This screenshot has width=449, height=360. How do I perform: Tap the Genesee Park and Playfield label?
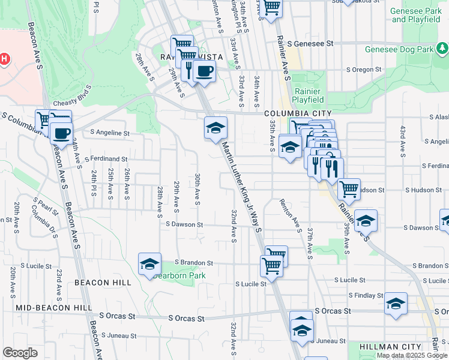415,16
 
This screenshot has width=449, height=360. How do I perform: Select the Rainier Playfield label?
309,95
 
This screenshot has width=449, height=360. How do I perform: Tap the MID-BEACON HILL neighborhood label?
54,307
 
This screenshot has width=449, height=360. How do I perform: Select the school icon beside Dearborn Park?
149,263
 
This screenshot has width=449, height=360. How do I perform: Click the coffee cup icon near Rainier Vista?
203,71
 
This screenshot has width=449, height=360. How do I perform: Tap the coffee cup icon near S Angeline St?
61,133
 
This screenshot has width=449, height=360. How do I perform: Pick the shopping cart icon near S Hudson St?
349,189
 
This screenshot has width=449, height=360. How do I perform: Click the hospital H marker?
5,59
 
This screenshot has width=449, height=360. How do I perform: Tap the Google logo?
20,352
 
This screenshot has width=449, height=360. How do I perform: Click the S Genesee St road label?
310,44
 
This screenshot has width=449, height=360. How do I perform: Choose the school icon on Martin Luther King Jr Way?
215,127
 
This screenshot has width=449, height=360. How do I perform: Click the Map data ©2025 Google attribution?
412,355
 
